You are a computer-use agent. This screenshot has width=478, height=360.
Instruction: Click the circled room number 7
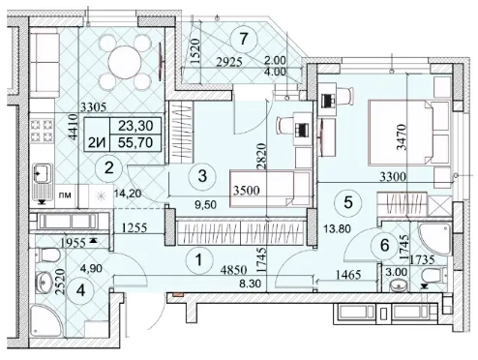pyautogui.click(x=244, y=39)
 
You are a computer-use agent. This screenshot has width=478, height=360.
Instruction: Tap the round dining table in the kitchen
pyautogui.click(x=124, y=63)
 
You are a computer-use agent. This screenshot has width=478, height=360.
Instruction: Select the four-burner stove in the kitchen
pyautogui.click(x=42, y=132)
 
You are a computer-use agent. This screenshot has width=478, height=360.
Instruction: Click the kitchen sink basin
pyautogui.click(x=43, y=173)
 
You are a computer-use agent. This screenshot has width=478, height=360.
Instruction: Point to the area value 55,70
pyautogui.click(x=135, y=142)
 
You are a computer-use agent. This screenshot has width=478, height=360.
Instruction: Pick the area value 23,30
pyautogui.click(x=135, y=126)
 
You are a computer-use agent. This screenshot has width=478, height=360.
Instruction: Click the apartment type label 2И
pyautogui.click(x=98, y=142)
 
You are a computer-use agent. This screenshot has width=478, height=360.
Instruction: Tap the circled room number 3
pyautogui.click(x=202, y=176)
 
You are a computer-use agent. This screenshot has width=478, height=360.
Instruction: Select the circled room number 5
pyautogui.click(x=348, y=202)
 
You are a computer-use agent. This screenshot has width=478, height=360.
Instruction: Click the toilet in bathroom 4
pyautogui.click(x=47, y=255)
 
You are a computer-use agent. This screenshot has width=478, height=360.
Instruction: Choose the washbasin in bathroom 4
pyautogui.click(x=44, y=283)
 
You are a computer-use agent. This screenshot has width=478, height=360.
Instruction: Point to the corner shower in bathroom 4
pyautogui.click(x=45, y=320)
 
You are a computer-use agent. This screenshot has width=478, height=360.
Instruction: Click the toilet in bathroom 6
pyautogui.click(x=431, y=275)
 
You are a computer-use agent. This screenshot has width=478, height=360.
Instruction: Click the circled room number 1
pyautogui.click(x=199, y=259)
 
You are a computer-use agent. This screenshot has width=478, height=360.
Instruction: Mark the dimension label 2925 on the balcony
pyautogui.click(x=229, y=62)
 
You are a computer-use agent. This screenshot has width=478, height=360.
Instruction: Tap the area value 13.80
pyautogui.click(x=337, y=229)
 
